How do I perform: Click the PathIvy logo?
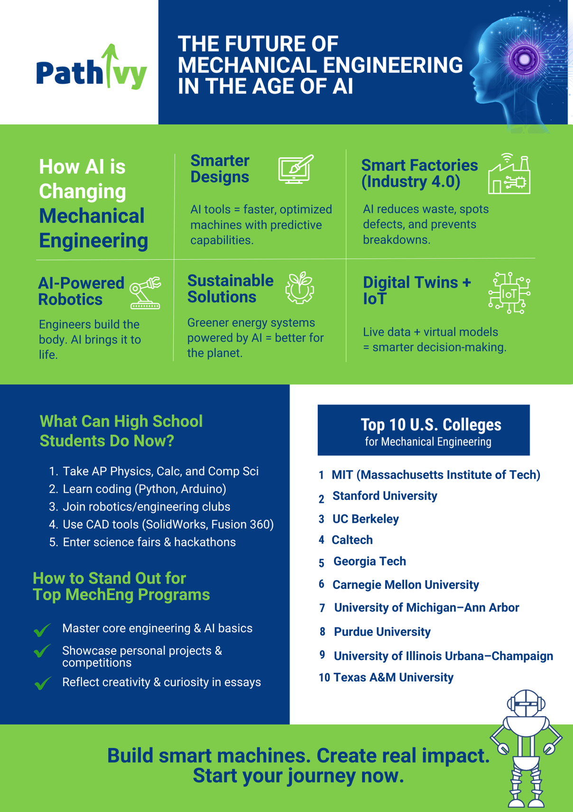click(x=92, y=69)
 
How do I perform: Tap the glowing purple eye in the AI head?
click(x=524, y=59)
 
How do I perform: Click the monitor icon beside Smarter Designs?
click(x=296, y=169)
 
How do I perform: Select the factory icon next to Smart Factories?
click(x=509, y=174)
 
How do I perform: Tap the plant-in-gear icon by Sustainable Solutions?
click(x=299, y=288)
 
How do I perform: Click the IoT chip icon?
click(x=509, y=293)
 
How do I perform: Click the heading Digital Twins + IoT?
click(x=417, y=290)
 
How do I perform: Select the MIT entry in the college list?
click(x=435, y=475)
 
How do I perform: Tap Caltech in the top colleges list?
click(x=352, y=540)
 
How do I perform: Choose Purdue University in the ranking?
click(x=382, y=632)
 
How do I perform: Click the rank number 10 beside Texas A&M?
click(x=324, y=678)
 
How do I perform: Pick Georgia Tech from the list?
click(x=370, y=561)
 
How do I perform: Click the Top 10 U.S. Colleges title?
click(x=430, y=425)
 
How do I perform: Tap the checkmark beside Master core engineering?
click(x=42, y=630)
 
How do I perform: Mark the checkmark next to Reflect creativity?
click(x=42, y=683)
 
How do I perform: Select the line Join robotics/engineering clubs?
click(x=146, y=507)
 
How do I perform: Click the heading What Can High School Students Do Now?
click(x=121, y=431)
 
